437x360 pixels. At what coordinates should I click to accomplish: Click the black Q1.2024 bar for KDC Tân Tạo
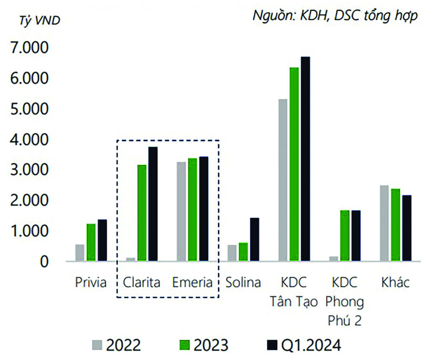305,159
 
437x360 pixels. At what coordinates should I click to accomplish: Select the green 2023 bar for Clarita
142,213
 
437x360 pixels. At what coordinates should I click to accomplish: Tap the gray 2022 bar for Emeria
181,212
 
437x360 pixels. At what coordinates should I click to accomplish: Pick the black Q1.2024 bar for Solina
254,239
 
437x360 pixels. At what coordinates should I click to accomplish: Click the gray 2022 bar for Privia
80,253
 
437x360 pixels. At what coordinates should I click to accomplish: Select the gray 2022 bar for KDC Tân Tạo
283,180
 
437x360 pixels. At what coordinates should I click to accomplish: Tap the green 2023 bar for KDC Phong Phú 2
345,235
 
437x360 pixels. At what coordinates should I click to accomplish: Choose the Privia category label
90,282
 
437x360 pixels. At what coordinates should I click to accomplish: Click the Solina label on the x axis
243,282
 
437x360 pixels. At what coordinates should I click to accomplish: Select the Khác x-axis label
395,282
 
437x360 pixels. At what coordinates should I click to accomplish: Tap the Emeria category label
192,282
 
